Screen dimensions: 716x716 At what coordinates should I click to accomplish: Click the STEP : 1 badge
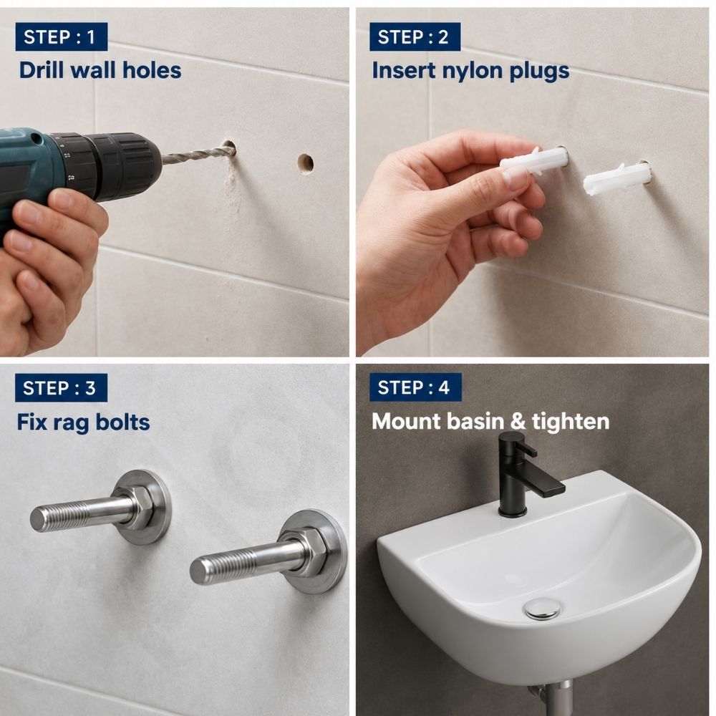point(61,37)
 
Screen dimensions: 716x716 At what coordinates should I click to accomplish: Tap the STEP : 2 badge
point(415,37)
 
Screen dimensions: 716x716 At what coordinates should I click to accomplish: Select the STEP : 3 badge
point(61,387)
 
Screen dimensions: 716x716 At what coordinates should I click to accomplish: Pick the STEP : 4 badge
point(415,387)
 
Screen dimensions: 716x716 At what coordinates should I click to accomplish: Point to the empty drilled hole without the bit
point(306,163)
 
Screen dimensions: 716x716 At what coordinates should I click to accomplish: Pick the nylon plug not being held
point(616,178)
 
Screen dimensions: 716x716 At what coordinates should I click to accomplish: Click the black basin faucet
point(524,475)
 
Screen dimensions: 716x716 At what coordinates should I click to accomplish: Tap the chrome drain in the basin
point(542,608)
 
